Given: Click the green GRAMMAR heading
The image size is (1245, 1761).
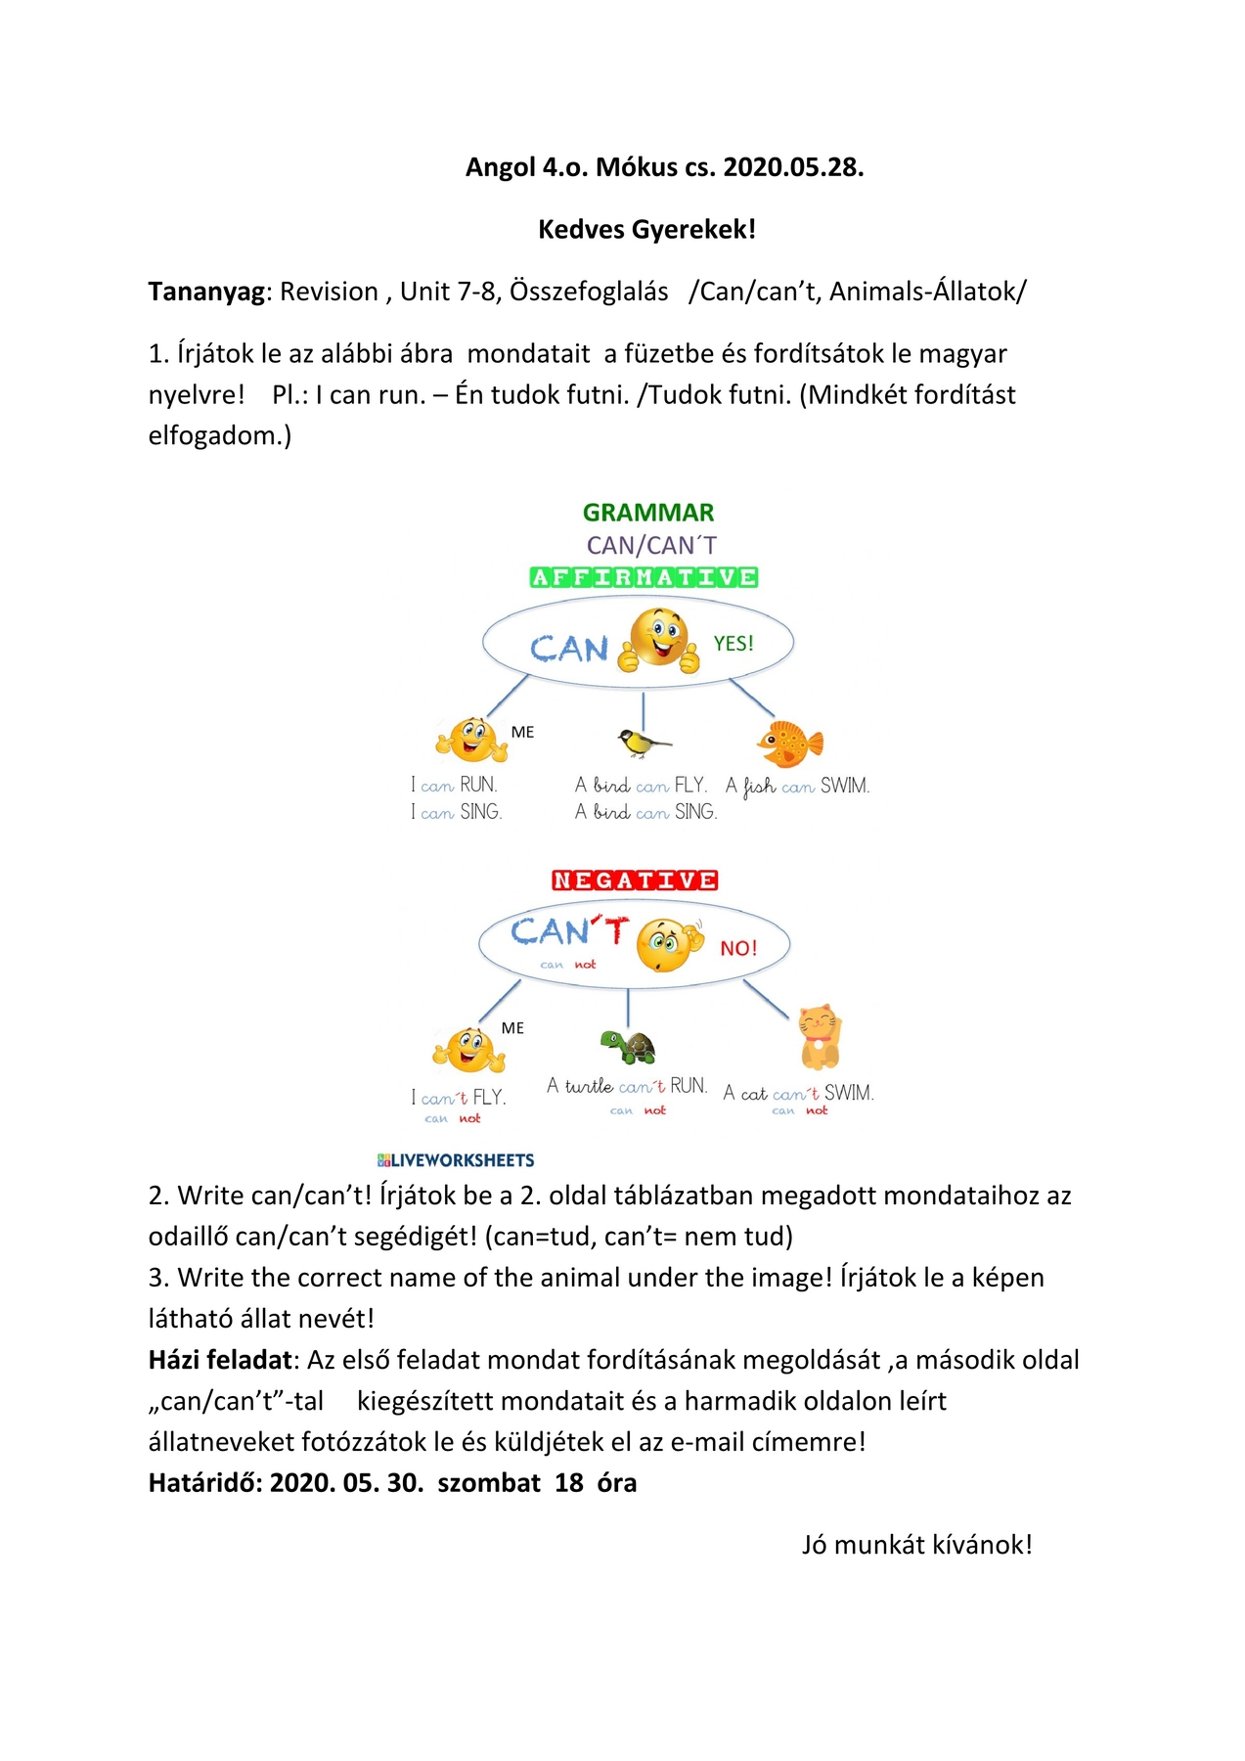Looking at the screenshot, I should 648,513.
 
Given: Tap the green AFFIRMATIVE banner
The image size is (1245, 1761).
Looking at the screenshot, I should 644,577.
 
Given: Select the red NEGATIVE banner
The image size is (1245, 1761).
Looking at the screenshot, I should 635,880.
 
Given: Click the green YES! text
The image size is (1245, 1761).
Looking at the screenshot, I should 734,644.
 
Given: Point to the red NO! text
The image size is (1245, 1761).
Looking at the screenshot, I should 738,948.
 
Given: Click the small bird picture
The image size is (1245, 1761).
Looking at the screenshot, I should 643,743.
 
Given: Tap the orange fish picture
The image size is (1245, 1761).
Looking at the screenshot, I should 790,744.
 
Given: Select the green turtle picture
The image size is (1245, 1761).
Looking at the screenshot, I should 628,1047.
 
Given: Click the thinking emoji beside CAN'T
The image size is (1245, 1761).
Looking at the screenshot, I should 670,944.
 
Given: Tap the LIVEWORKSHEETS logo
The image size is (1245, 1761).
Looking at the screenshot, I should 456,1160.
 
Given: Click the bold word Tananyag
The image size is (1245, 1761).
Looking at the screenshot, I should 205,292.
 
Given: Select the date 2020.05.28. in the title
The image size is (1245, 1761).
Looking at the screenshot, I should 793,167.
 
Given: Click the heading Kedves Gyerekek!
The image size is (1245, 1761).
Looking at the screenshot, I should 646,230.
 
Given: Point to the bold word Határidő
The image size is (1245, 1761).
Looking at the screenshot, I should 204,1483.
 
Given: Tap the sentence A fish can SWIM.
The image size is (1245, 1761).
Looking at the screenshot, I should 797,786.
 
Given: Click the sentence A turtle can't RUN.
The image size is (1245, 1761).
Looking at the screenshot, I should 627,1086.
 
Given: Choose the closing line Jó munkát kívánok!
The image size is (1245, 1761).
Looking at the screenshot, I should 916,1545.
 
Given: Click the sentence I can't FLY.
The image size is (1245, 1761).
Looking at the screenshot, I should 459,1098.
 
